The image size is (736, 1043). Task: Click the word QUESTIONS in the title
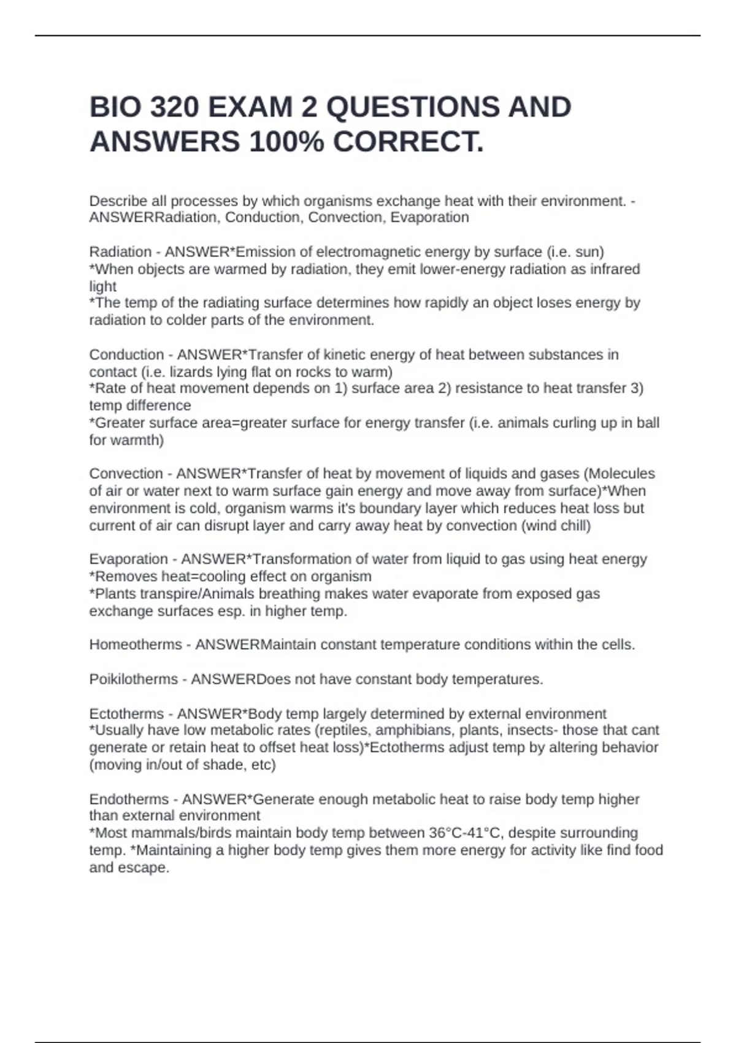[x=412, y=107]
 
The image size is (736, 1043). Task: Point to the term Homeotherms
[x=136, y=645]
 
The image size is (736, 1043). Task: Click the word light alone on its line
[x=102, y=287]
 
